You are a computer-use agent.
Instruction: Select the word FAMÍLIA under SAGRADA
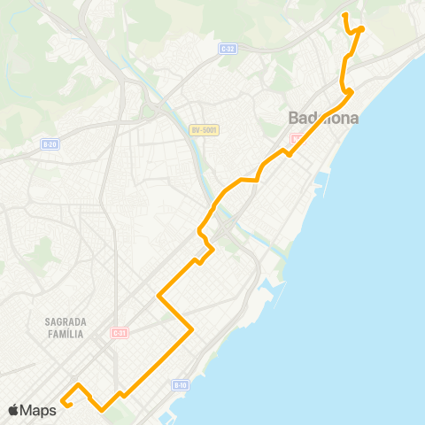tap(62, 335)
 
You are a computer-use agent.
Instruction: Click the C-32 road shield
tap(227, 50)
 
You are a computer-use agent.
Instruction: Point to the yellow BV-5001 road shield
tap(204, 130)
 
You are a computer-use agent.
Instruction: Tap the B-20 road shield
tap(50, 143)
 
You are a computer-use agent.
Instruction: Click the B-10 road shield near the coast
tap(180, 384)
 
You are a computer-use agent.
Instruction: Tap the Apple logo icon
tap(13, 409)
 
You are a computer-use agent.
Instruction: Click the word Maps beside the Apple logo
tap(38, 409)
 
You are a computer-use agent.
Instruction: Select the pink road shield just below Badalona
tap(296, 138)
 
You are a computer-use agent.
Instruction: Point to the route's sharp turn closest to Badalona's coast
tap(352, 90)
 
